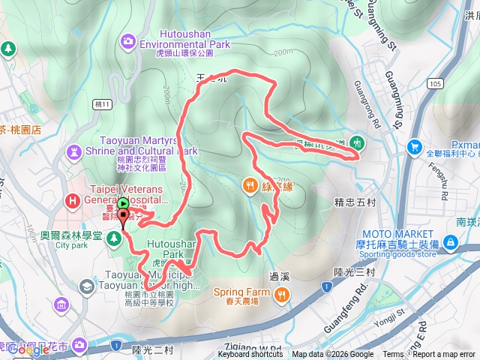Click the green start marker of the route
122,202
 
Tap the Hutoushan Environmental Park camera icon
128,40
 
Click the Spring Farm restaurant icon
282,293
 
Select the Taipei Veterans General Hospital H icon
72,200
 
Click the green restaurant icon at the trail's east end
358,142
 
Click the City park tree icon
114,238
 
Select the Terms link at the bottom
393,355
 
